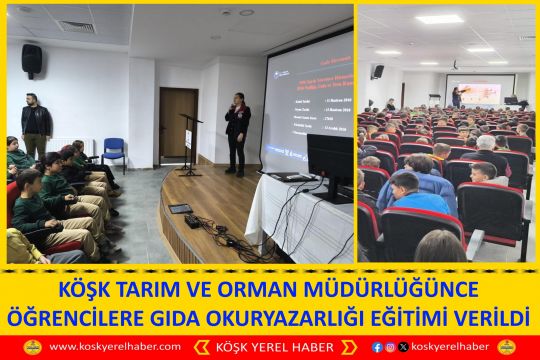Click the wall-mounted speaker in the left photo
click(32, 60)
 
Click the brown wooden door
click(178, 123)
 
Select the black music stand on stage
click(189, 140)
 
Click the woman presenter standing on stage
click(236, 132)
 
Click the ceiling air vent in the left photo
click(76, 27)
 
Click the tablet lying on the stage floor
click(180, 209)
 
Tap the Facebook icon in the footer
click(377, 347)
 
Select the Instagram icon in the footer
click(390, 347)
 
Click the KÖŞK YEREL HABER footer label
click(270, 347)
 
